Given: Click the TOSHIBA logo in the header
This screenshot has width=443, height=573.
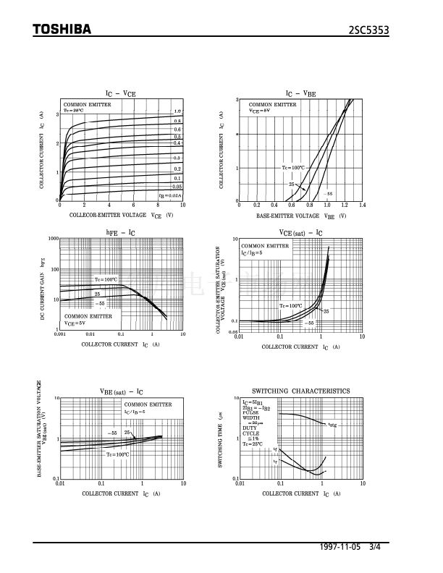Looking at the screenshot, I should tap(62, 30).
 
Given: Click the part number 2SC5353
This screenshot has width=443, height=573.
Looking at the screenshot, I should tap(389, 30).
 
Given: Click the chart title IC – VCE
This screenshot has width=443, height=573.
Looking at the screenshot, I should tap(120, 93).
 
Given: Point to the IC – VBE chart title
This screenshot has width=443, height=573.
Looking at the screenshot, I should tap(300, 93).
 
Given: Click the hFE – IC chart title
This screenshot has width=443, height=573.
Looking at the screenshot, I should tap(120, 232).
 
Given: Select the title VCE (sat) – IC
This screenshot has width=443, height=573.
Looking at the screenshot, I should tap(300, 232).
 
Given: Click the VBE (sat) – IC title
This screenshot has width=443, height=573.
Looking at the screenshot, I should tap(122, 391).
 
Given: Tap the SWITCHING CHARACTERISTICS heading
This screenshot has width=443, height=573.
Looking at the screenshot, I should tap(300, 391).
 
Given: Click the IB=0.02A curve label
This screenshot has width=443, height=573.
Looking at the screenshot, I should tap(171, 195).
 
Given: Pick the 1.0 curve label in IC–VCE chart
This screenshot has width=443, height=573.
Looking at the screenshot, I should tap(177, 111).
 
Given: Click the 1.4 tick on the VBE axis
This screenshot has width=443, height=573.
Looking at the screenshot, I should tap(362, 206).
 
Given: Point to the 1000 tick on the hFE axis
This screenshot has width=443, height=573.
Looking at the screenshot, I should tap(53, 239).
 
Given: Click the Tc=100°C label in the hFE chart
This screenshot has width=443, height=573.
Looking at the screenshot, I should tap(105, 279).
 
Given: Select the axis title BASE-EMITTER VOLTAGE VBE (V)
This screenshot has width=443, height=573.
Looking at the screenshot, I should tap(300, 216).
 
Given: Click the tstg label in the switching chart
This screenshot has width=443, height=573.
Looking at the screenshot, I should tap(332, 425).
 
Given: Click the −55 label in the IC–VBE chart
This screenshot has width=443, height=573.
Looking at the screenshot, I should tap(329, 194).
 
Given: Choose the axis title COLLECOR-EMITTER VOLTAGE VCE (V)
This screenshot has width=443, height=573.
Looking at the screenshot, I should tap(121, 216).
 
